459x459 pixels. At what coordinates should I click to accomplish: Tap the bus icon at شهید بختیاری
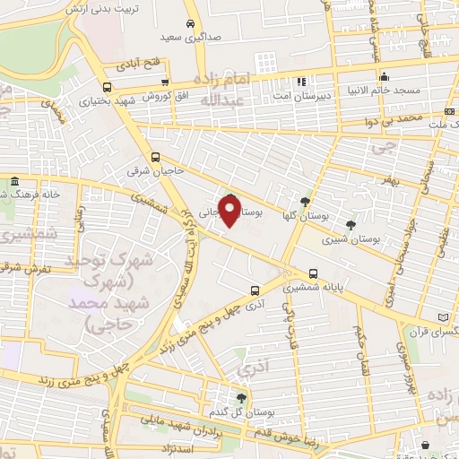click(x=107, y=87)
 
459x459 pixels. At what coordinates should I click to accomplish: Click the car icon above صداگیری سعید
click(x=189, y=24)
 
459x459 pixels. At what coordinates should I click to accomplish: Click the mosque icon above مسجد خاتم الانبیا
click(x=384, y=77)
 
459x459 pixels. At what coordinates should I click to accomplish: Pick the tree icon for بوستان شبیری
click(x=350, y=225)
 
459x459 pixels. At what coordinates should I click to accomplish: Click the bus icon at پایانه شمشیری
click(x=312, y=273)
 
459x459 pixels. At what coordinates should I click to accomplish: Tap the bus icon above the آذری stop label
click(x=255, y=290)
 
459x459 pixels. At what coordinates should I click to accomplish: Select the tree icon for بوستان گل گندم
click(x=240, y=398)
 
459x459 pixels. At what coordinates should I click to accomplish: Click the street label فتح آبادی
click(x=138, y=65)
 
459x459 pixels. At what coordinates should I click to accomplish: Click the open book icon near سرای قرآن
click(x=446, y=316)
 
